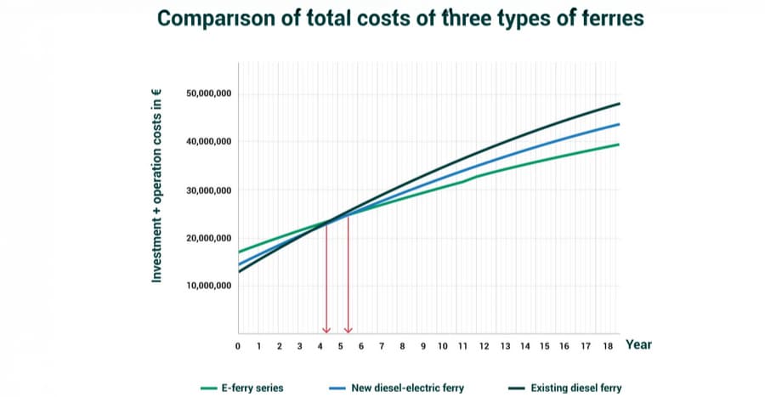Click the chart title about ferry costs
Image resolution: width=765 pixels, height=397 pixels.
[382, 19]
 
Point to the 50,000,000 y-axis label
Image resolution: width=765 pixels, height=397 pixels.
[208, 94]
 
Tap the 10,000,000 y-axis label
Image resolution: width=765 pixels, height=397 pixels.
[208, 286]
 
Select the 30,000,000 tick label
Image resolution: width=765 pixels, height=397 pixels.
[208, 190]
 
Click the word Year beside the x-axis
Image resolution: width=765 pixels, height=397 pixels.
[638, 344]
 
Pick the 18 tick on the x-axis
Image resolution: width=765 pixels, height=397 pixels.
[607, 346]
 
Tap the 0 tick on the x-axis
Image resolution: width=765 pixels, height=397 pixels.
[238, 346]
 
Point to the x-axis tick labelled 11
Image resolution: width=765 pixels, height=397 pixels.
[463, 346]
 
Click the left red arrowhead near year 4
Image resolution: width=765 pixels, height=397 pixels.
[326, 329]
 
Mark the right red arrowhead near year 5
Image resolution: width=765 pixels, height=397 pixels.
[348, 329]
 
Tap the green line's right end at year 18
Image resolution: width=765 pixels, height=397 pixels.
[618, 145]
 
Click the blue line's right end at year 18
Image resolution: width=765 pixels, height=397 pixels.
[618, 124]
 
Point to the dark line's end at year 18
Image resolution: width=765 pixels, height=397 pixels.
[618, 104]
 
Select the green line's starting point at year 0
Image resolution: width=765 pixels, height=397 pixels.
[239, 252]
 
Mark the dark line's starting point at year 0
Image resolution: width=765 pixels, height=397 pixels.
[239, 271]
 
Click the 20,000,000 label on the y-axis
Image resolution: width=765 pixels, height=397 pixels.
[208, 237]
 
